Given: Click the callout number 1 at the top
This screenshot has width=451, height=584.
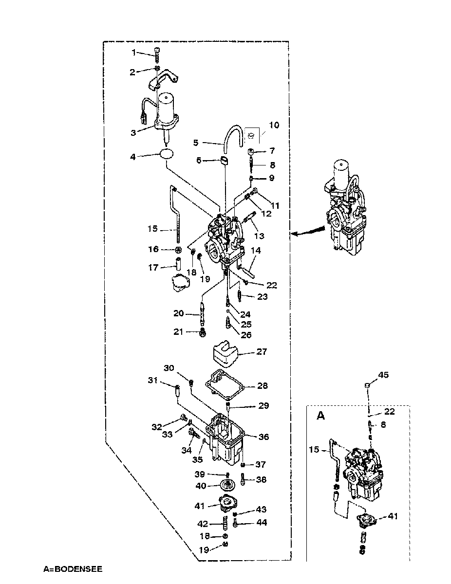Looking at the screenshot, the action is (x=133, y=53).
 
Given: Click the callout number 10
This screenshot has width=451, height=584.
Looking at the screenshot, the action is (x=274, y=125).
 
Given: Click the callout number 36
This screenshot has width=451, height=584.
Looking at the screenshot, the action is (x=263, y=437).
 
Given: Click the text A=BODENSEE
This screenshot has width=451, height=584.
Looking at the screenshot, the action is (x=73, y=569).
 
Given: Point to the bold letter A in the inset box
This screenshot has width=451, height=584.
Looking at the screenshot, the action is (x=321, y=416).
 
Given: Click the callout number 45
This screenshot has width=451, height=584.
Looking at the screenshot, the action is (x=383, y=375).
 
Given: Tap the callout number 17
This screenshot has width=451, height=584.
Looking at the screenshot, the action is (x=153, y=268).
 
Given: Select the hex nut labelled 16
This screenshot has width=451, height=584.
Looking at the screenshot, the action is (x=178, y=250).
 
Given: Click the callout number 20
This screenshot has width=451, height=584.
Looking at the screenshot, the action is (x=179, y=313).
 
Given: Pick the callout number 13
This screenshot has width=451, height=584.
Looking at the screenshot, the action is (x=259, y=236).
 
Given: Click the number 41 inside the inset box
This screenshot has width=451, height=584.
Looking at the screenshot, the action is (x=393, y=516).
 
